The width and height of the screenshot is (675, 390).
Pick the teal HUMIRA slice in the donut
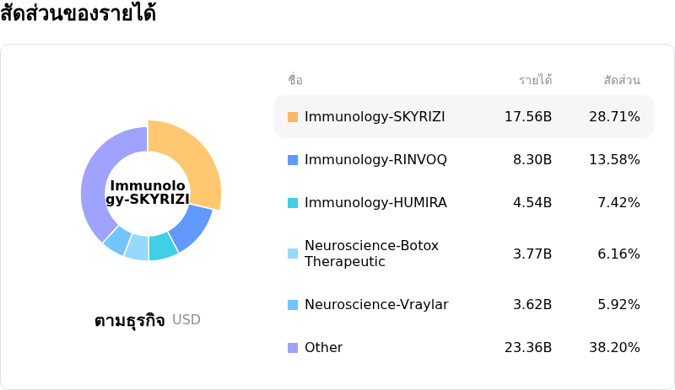pyautogui.click(x=162, y=246)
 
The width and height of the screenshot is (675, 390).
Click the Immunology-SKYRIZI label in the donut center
pyautogui.click(x=148, y=192)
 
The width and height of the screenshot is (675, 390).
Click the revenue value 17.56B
pyautogui.click(x=527, y=116)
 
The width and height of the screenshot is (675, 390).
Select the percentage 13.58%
pyautogui.click(x=614, y=159)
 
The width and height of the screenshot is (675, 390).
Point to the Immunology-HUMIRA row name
pyautogui.click(x=375, y=202)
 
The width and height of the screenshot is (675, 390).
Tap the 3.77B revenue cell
pyautogui.click(x=532, y=254)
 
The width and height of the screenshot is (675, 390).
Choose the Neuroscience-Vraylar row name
pyautogui.click(x=376, y=304)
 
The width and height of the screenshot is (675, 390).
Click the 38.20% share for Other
pyautogui.click(x=614, y=347)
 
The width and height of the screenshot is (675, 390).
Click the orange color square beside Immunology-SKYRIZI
pyautogui.click(x=293, y=116)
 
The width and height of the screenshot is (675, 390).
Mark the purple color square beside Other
pyautogui.click(x=293, y=347)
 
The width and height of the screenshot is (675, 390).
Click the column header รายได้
pyautogui.click(x=535, y=80)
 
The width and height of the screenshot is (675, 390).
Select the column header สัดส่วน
pyautogui.click(x=622, y=80)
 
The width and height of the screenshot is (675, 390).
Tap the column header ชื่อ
pyautogui.click(x=295, y=80)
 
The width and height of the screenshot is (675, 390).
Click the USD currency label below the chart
pyautogui.click(x=186, y=319)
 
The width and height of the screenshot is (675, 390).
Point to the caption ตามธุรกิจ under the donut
pyautogui.click(x=129, y=320)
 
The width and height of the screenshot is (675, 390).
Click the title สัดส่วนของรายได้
pyautogui.click(x=78, y=14)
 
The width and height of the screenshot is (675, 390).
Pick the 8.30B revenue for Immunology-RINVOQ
pyautogui.click(x=532, y=159)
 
